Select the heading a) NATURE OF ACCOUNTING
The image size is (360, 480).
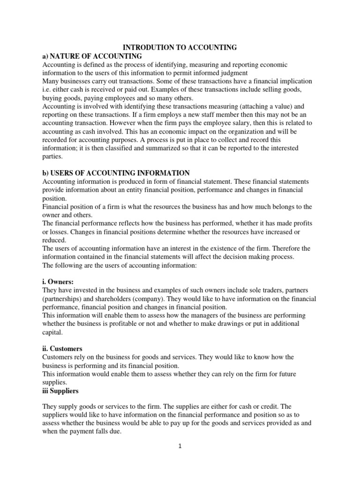tap(92, 56)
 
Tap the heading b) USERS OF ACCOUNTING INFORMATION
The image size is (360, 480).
tap(116, 173)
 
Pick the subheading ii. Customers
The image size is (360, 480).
tap(62, 349)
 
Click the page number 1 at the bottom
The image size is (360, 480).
tap(180, 446)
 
